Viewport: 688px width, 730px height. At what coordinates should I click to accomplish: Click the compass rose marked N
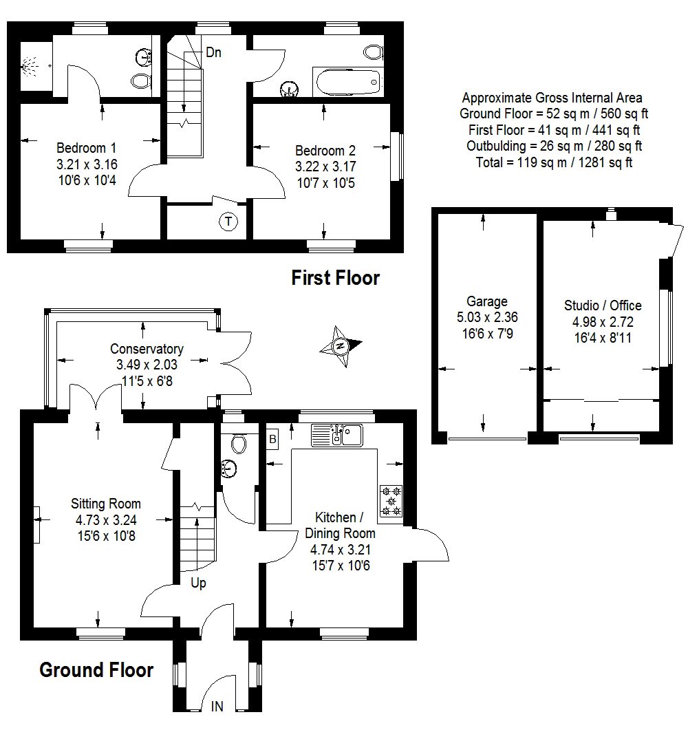pos(341,346)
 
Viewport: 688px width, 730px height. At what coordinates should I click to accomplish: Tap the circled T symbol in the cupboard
pos(228,222)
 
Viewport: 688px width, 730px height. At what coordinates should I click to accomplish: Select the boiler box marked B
pos(272,439)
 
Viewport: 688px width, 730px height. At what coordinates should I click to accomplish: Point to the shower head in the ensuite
pos(30,66)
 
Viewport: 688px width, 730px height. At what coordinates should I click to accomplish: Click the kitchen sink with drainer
pos(336,436)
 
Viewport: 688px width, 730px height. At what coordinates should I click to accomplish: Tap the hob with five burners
pos(391,501)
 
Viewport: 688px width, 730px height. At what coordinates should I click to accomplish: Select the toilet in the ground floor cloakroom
pos(238,443)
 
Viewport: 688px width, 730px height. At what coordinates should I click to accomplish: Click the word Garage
pos(487,301)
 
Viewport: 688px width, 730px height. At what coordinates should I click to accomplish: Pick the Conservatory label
pos(147,349)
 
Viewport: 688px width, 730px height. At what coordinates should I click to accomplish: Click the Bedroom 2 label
pos(325,151)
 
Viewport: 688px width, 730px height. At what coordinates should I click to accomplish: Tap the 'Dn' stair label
pos(213,52)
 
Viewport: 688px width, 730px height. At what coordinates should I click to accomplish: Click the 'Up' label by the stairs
pos(198,583)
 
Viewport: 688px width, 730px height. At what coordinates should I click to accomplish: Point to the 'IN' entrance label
pos(217,707)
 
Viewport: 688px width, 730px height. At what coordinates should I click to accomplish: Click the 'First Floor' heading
pos(335,278)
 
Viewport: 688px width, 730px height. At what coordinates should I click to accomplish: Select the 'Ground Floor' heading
pos(96,670)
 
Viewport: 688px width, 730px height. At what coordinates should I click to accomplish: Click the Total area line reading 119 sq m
pos(554,162)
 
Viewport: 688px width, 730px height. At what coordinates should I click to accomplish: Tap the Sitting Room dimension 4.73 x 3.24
pos(106,520)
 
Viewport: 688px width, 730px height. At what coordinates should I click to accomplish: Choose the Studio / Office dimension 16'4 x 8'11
pos(603,338)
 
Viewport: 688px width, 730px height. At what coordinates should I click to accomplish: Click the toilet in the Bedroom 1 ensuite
pos(141,81)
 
